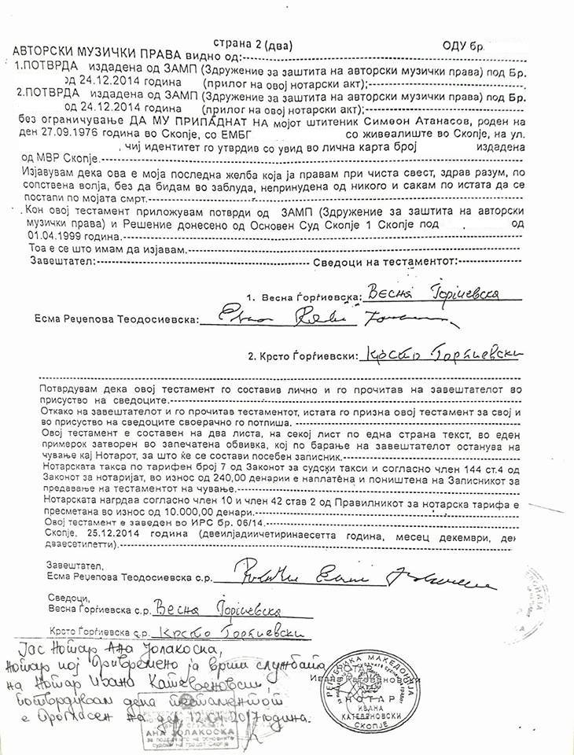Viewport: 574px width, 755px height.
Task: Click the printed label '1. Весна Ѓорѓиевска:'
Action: (x=303, y=299)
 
